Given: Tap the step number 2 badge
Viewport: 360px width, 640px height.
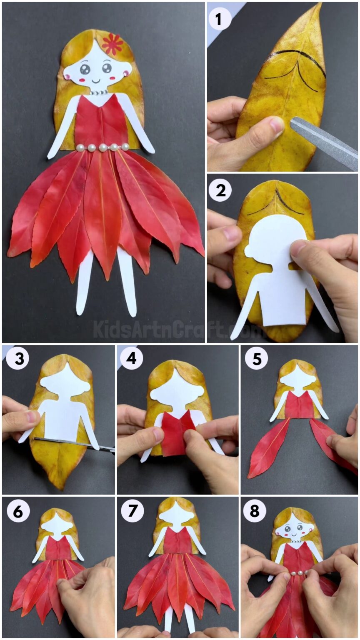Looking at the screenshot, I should pos(220,190).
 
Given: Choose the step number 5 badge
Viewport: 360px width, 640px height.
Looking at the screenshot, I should pos(256,359).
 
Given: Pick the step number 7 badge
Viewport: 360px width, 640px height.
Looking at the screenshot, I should pos(132,510).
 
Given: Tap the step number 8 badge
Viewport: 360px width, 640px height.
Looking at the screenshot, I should pos(255,511).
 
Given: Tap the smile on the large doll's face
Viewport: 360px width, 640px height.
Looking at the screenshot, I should pos(96,80).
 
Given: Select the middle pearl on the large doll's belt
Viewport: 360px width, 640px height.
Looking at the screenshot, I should pos(102,147).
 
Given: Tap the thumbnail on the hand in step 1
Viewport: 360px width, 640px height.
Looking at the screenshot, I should pos(277,123).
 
